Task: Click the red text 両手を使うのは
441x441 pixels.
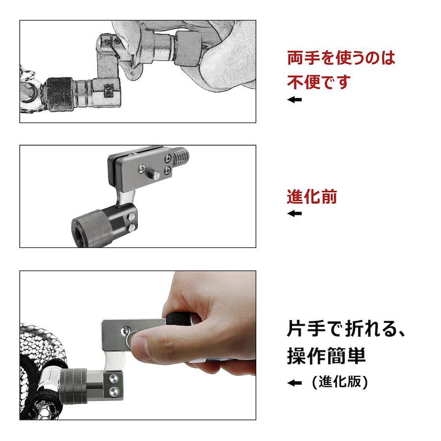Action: click(341, 58)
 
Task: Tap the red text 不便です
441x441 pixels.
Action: click(319, 82)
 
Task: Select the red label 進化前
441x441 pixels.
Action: click(312, 196)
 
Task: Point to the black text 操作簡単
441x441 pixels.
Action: click(326, 356)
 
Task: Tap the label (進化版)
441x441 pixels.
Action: click(340, 382)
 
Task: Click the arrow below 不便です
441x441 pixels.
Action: click(294, 99)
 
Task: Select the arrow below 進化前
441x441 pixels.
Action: click(294, 214)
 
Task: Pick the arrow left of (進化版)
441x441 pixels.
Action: click(294, 383)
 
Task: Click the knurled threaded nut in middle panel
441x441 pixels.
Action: click(92, 228)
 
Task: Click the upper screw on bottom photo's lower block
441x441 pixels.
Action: click(114, 379)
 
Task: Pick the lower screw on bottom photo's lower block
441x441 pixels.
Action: click(114, 391)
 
